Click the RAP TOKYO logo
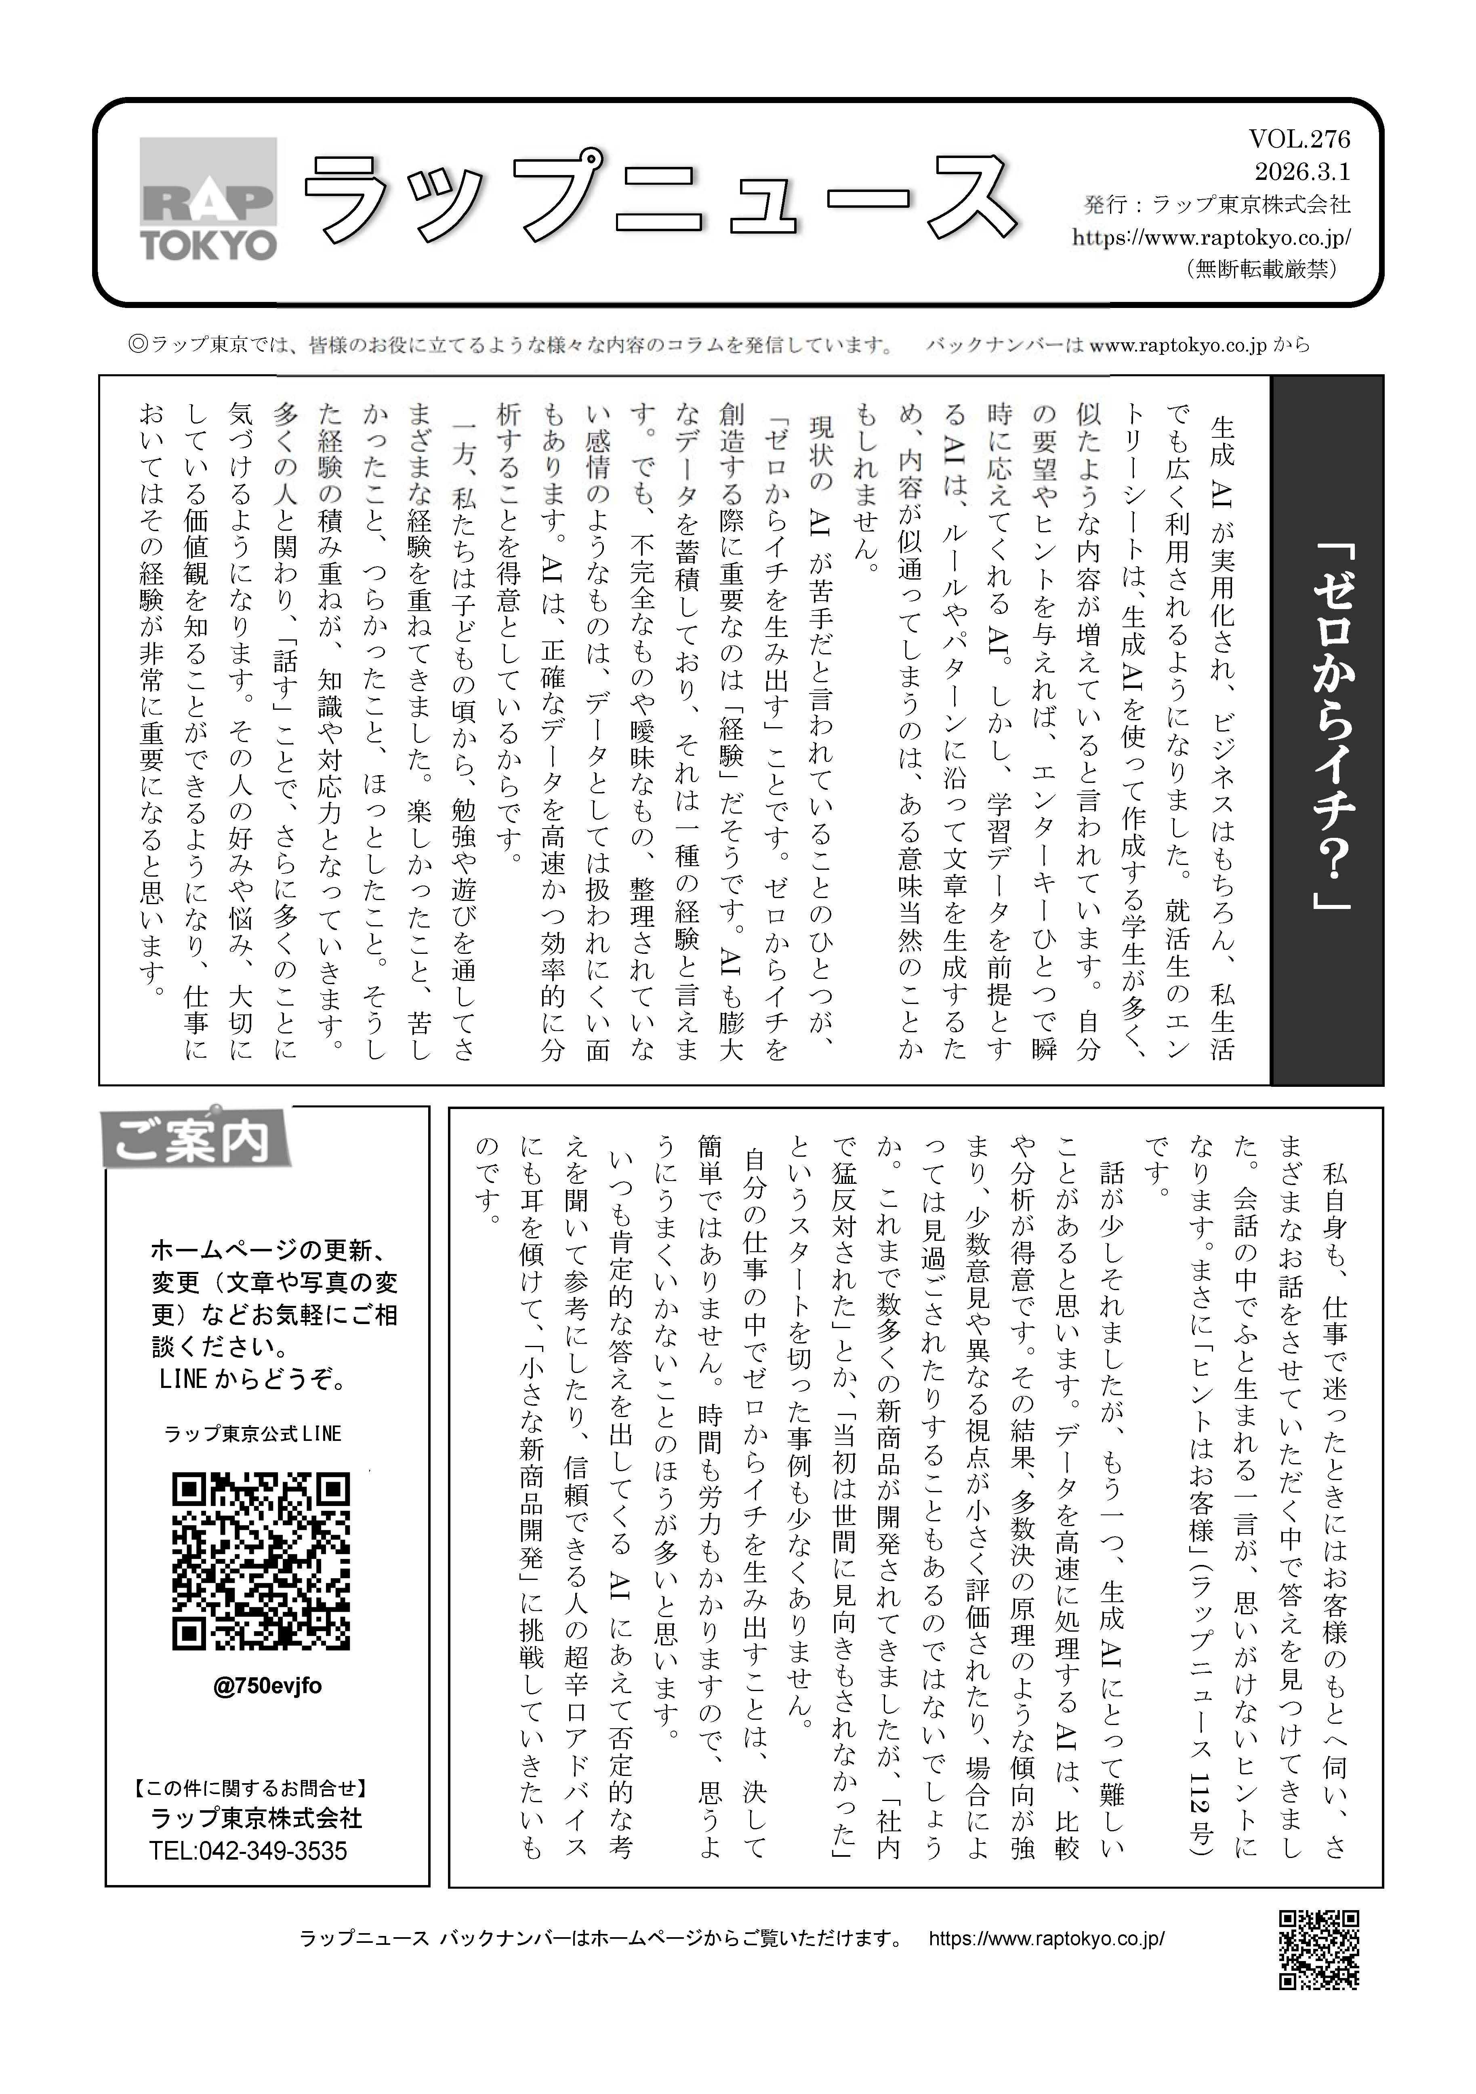pyautogui.click(x=208, y=199)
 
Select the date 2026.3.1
pyautogui.click(x=1302, y=171)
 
